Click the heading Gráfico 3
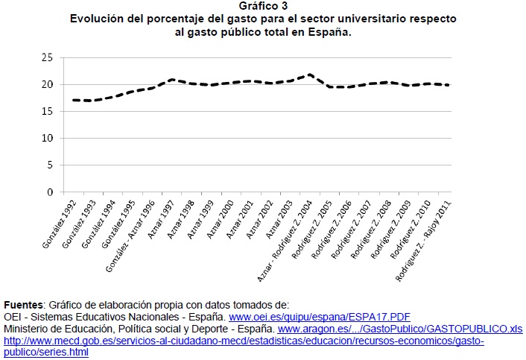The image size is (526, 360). click(263, 7)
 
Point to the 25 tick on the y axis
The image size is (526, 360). click(47, 57)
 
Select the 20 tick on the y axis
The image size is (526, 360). click(47, 84)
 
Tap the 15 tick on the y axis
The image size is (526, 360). click(47, 111)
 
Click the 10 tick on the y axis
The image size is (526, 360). click(47, 138)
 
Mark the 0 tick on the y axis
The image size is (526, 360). click(49, 192)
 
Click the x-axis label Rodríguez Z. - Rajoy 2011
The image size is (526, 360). click(426, 236)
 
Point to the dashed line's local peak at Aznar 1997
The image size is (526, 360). click(171, 79)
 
